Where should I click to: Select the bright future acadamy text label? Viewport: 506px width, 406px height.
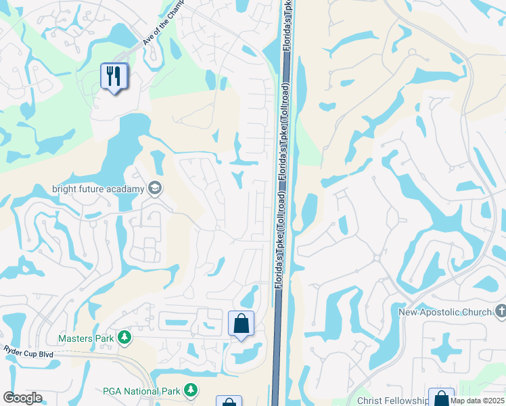(98, 189)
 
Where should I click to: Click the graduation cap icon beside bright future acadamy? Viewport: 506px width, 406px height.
(155, 188)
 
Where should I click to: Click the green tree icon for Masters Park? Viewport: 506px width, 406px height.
(124, 337)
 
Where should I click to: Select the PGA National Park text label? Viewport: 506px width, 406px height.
(141, 390)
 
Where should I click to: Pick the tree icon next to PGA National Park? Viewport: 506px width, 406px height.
(191, 390)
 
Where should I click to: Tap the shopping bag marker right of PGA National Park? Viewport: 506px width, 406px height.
(229, 402)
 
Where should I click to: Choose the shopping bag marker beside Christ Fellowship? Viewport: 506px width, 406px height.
(441, 398)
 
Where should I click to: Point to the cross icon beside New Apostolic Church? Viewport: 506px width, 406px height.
(500, 311)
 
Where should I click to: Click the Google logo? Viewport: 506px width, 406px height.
(22, 398)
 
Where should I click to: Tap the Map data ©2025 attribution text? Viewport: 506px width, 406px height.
(477, 401)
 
